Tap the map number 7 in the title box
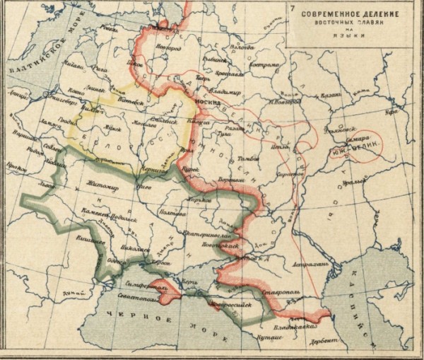292,8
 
